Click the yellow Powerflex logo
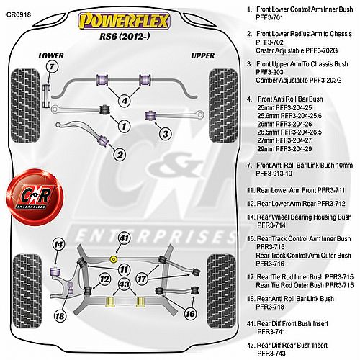point(124,21)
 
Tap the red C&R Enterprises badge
point(35,197)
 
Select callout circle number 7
point(52,66)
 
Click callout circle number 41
point(124,238)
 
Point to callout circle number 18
point(60,316)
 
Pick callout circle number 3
point(166,134)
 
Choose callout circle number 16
point(190,313)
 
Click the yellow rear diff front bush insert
point(113,259)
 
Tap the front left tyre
point(25,106)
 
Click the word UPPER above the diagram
point(203,55)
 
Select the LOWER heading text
point(51,55)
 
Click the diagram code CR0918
point(19,14)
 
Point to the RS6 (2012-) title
point(125,37)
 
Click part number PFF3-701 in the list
point(269,17)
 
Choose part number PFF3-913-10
point(274,174)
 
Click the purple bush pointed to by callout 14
point(55,272)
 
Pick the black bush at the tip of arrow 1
point(105,109)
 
